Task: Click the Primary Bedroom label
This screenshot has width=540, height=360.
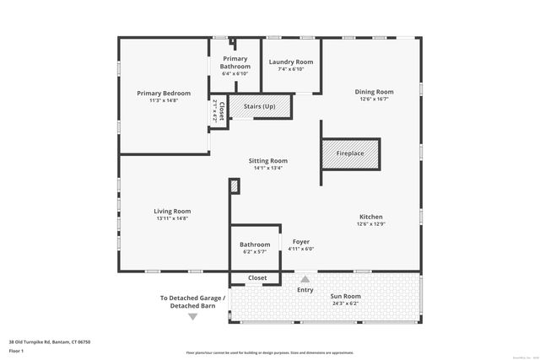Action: (x=165, y=93)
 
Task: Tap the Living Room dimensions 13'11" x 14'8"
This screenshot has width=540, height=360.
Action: (x=171, y=219)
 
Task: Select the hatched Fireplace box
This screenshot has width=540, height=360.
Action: (x=350, y=153)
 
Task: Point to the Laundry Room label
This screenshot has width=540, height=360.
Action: (x=291, y=62)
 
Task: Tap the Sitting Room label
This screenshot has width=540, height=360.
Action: (x=267, y=160)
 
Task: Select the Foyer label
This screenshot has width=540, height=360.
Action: (x=300, y=242)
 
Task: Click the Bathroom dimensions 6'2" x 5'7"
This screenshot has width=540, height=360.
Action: (x=254, y=251)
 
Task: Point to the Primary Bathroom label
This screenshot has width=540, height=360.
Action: (x=235, y=62)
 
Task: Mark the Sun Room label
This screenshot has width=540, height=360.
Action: (x=345, y=297)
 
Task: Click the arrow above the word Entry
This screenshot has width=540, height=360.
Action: (x=305, y=279)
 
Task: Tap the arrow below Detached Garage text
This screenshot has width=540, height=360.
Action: (x=192, y=317)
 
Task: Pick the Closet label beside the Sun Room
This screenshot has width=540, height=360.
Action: (x=257, y=277)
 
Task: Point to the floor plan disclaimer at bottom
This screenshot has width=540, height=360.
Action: (x=269, y=352)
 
